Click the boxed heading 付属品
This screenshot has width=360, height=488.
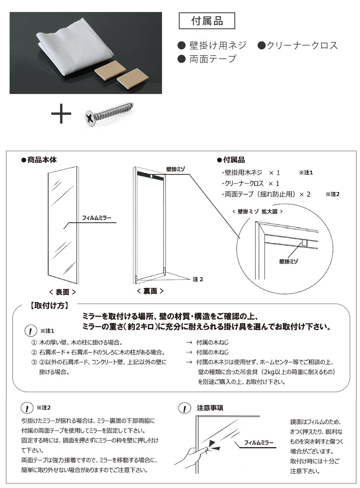(207, 21)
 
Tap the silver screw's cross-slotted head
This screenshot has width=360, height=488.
(89, 117)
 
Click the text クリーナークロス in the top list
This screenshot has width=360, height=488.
(298, 45)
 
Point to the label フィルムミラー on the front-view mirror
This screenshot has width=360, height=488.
(96, 218)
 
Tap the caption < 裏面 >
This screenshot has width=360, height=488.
(150, 291)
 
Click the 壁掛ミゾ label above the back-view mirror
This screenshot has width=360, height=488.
(176, 169)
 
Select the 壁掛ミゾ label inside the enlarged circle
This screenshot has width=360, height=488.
(290, 261)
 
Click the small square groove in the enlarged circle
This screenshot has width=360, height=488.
(305, 242)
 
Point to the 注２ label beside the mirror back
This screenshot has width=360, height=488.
(198, 279)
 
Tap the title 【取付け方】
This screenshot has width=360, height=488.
(49, 306)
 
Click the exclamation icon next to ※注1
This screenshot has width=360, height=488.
(30, 331)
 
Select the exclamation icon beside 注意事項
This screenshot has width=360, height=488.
(184, 408)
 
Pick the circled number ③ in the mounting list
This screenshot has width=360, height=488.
(34, 362)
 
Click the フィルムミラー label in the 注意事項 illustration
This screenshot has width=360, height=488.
(259, 443)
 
